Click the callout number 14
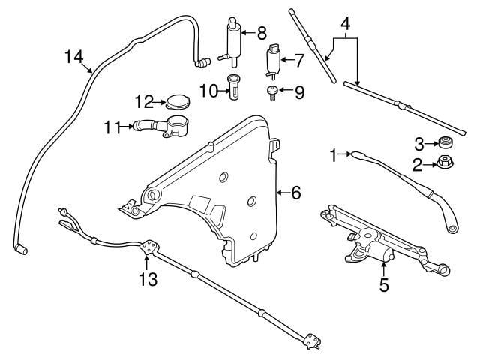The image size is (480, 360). click(x=73, y=57)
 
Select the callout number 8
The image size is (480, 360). click(x=262, y=33)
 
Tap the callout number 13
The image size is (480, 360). click(x=148, y=279)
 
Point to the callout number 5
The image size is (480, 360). click(x=384, y=285)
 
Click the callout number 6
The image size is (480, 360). click(x=296, y=193)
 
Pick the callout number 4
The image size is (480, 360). click(x=345, y=23)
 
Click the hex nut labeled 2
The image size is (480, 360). click(x=445, y=162)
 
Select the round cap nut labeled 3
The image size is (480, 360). click(x=445, y=142)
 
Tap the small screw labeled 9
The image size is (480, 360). click(x=271, y=93)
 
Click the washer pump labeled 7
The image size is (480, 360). click(x=272, y=61)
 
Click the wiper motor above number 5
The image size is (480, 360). click(x=372, y=250)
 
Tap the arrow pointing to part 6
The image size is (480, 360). click(x=283, y=193)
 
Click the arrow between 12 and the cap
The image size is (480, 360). click(x=160, y=102)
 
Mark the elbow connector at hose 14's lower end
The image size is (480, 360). click(x=20, y=248)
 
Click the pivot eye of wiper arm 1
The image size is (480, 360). click(x=452, y=228)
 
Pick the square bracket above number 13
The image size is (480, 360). click(x=150, y=247)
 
